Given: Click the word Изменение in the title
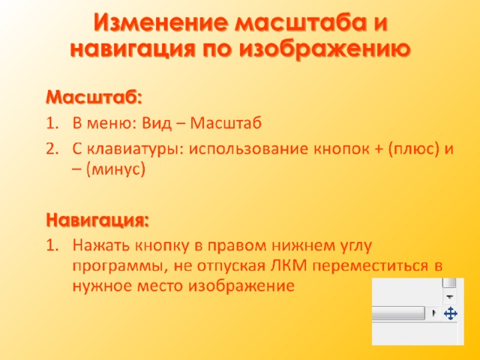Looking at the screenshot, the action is coord(161,22).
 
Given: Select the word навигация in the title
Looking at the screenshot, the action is coord(132,49).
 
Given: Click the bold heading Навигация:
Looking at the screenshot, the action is coord(97,220).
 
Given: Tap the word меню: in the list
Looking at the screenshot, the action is coord(111,124).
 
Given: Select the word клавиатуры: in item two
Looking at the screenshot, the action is coord(135,150).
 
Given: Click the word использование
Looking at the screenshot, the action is coord(249,149).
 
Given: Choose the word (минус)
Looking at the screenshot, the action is coord(115,169).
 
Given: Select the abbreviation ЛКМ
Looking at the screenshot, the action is coord(288,265).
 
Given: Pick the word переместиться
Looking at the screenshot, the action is coord(370,265).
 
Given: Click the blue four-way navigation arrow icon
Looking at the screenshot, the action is coord(450,313).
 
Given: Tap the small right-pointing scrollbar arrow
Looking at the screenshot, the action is coord(433,313).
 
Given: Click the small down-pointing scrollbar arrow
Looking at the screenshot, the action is coord(450,297).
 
